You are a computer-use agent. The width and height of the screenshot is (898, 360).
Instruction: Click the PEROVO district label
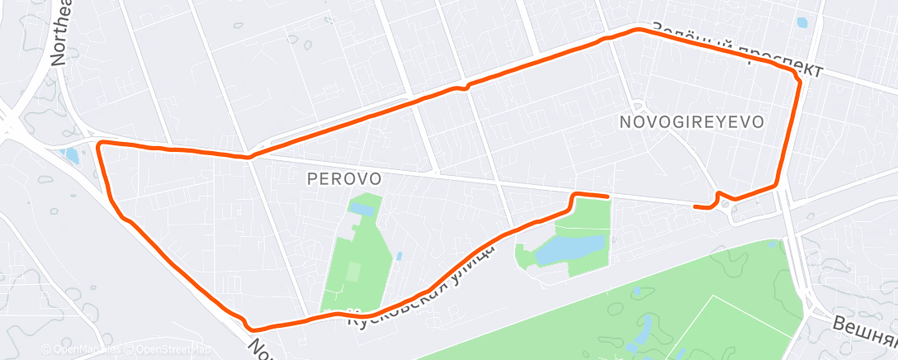pos(343,178)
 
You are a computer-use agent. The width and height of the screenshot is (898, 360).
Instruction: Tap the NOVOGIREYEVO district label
pos(690,122)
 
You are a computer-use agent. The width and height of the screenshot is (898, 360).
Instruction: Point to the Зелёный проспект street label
pos(736,47)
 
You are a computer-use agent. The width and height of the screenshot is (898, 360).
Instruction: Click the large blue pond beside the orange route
pos(569,249)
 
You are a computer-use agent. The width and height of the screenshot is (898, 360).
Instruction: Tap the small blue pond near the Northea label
pos(72,155)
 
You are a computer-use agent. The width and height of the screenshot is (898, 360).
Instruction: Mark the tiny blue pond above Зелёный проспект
pos(801,23)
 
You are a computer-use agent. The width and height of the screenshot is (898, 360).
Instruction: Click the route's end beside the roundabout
pos(696,206)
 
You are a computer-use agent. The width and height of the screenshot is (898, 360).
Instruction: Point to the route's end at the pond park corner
pos(608,197)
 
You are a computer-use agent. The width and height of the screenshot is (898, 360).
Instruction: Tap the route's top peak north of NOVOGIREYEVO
pos(636,30)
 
